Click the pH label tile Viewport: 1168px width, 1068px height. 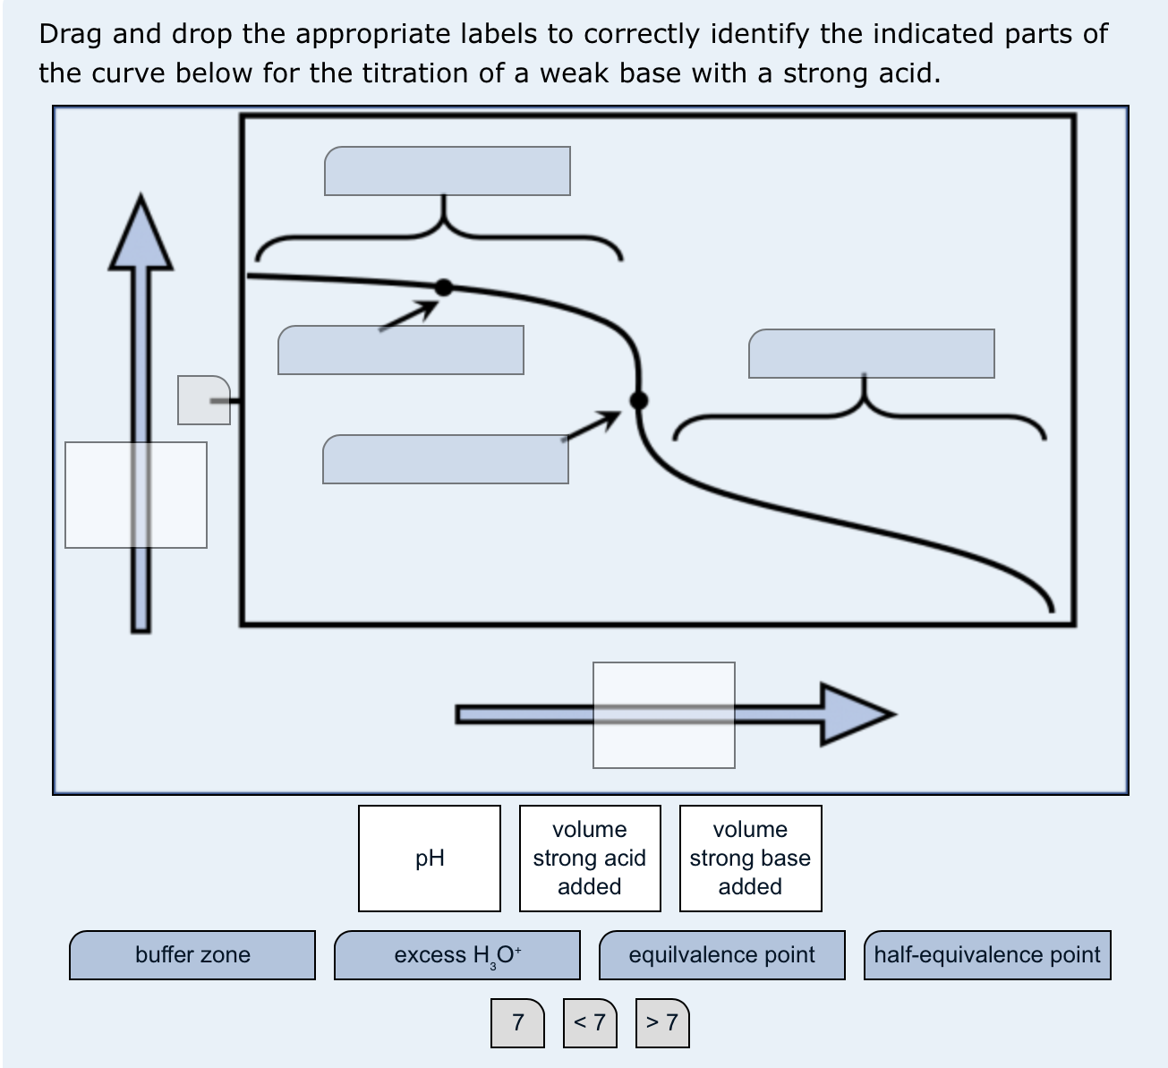pos(429,858)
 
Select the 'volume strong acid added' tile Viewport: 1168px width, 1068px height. pos(590,858)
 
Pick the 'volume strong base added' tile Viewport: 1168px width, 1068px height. pos(751,858)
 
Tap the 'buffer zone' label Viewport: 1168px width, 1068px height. pos(192,955)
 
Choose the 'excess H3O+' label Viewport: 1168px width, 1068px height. pos(457,955)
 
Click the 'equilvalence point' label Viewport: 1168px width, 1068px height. pos(722,955)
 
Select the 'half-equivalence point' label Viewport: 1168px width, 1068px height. pos(987,955)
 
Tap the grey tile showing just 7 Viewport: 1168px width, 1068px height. pos(517,1023)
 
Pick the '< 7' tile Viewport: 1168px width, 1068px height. pos(590,1023)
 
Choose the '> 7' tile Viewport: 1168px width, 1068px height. pos(662,1023)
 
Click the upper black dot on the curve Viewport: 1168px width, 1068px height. pos(444,287)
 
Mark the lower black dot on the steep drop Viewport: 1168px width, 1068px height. pos(639,400)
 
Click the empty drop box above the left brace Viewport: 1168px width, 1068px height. pos(448,171)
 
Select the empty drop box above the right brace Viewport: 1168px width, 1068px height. pos(872,354)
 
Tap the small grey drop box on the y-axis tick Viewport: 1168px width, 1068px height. pos(204,400)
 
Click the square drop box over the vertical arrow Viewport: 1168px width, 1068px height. pos(136,495)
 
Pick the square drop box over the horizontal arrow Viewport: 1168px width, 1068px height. pos(664,715)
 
